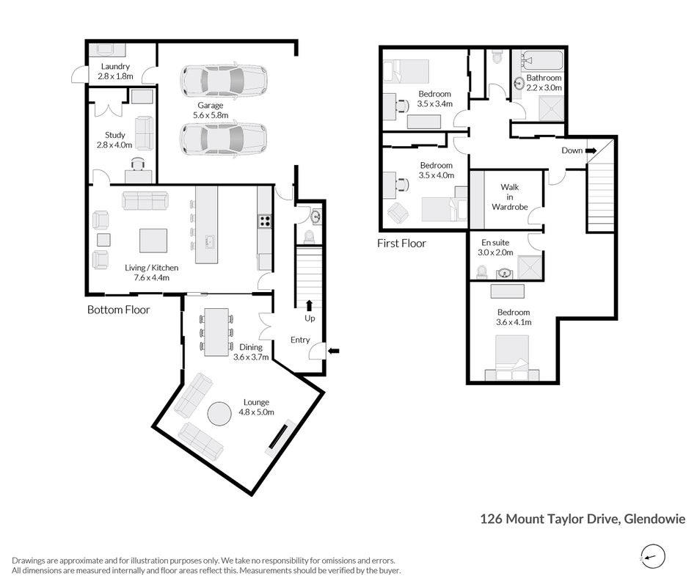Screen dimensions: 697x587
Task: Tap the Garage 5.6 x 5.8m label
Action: (211, 110)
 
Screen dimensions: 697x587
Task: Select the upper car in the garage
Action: (224, 81)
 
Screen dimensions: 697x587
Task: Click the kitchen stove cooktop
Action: (265, 221)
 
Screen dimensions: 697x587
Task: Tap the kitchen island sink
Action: (210, 242)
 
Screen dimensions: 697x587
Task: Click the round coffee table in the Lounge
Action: (219, 414)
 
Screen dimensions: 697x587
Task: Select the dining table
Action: (216, 332)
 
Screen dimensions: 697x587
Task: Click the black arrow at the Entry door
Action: (333, 351)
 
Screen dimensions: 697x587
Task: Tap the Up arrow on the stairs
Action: (309, 305)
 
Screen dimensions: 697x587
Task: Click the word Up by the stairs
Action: (310, 318)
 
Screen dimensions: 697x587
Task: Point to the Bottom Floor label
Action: (118, 310)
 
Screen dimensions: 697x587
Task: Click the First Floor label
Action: (401, 244)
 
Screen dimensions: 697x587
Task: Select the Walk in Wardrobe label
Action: (510, 197)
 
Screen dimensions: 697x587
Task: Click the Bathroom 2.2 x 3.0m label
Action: (544, 83)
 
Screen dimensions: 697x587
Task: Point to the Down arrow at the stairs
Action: (591, 150)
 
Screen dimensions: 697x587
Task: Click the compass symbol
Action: (653, 557)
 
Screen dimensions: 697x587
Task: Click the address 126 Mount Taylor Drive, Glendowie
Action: (583, 519)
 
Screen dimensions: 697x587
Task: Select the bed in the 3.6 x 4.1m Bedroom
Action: (512, 358)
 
